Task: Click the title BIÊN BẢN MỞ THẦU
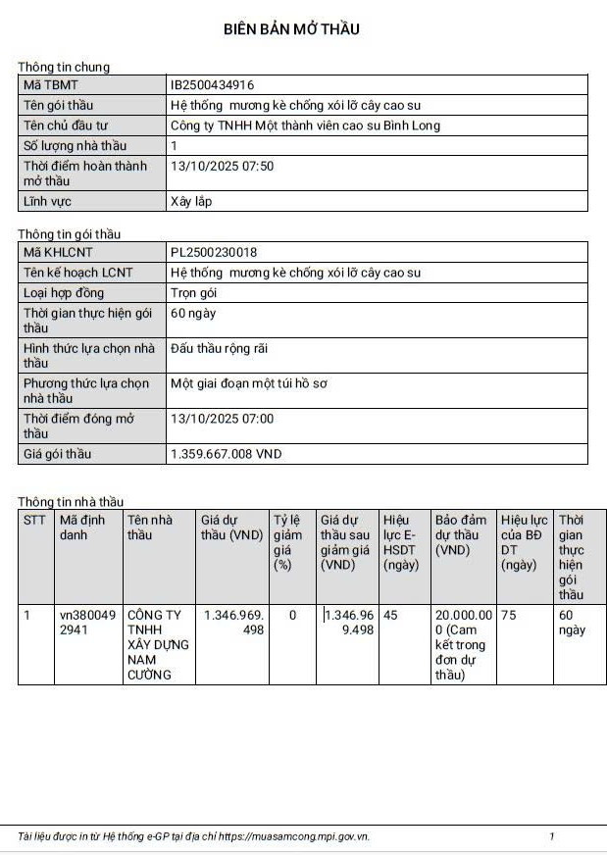[x=291, y=29]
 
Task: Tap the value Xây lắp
[x=190, y=202]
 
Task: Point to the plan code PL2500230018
[x=214, y=252]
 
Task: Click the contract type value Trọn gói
[x=193, y=292]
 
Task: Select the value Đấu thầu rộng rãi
[x=219, y=348]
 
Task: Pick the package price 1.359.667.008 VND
[x=226, y=455]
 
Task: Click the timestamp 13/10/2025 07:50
[x=222, y=166]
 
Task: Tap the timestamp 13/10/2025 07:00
[x=222, y=419]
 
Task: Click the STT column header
[x=34, y=520]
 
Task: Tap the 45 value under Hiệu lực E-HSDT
[x=391, y=615]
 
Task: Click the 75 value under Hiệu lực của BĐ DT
[x=509, y=615]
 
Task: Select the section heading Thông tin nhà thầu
[x=71, y=502]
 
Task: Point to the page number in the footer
[x=552, y=836]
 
